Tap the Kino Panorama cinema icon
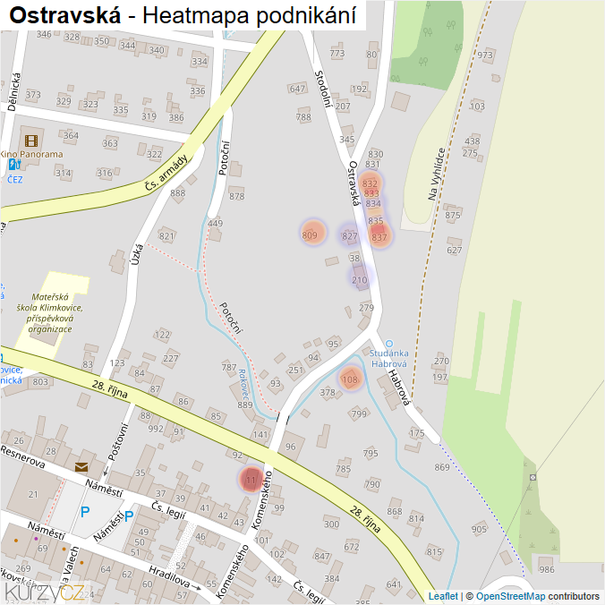32,140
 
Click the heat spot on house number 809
311,234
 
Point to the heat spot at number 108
350,379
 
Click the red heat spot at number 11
251,480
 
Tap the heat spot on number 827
350,235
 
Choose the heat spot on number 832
370,184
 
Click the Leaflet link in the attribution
443,596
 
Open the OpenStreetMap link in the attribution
510,596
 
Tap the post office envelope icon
82,466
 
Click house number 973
485,55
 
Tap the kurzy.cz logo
45,592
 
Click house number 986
547,569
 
